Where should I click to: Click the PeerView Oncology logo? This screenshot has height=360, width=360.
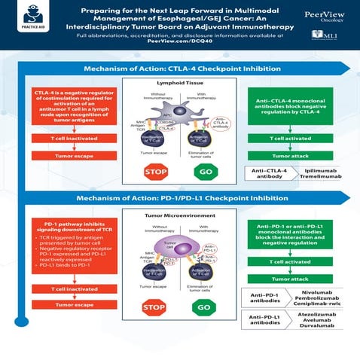[x=325, y=16]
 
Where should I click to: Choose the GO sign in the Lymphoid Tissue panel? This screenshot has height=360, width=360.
[x=205, y=172]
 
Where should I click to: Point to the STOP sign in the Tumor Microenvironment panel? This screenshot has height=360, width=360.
[x=154, y=307]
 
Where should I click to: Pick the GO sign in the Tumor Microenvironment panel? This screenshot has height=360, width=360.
[x=205, y=307]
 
